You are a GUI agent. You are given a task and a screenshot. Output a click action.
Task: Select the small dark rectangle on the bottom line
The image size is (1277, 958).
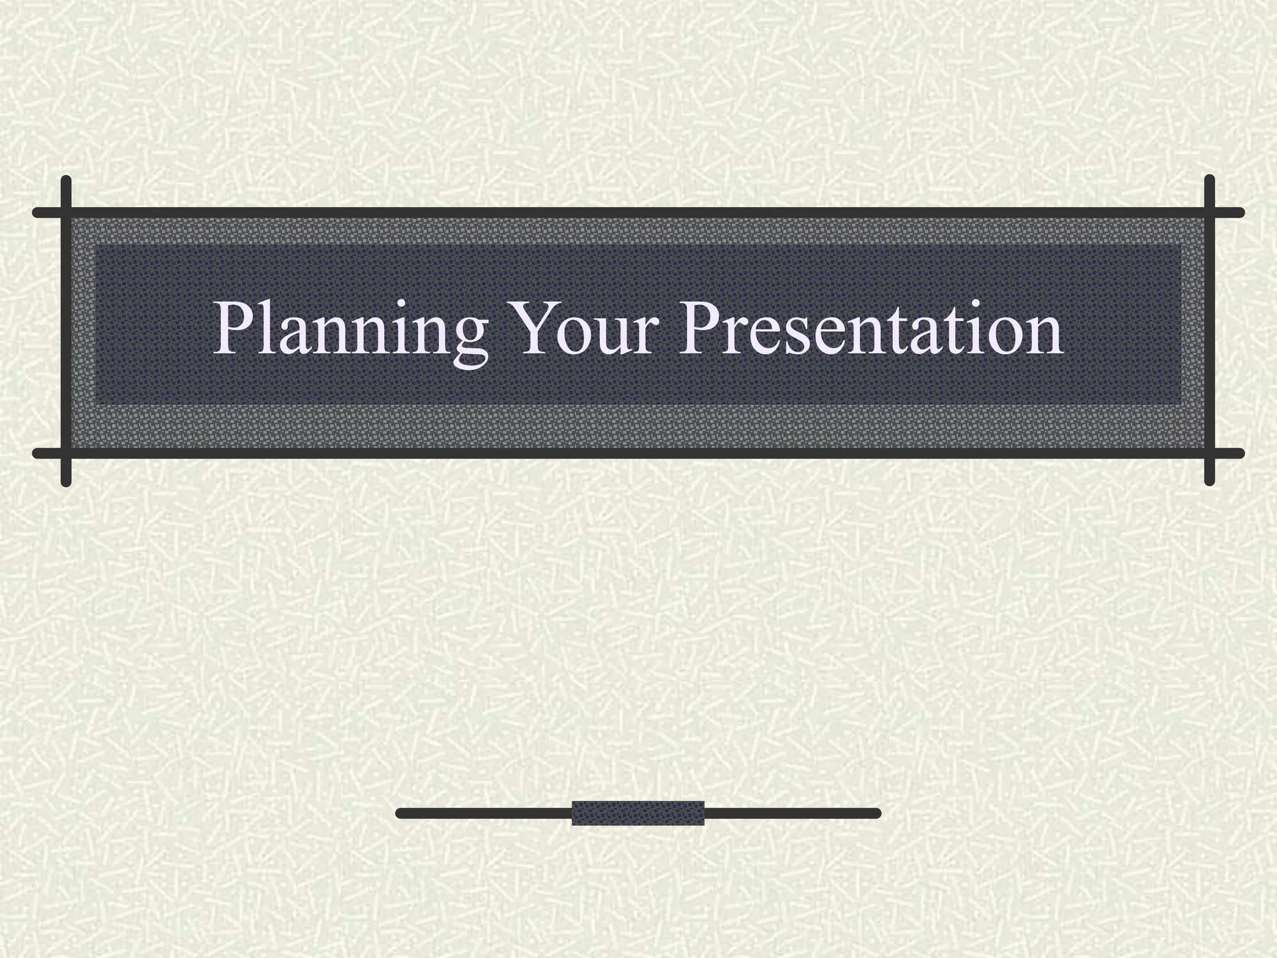(638, 813)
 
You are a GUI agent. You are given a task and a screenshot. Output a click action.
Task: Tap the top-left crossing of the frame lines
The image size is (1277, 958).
(66, 213)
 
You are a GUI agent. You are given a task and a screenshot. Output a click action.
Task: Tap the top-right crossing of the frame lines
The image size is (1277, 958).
(1210, 213)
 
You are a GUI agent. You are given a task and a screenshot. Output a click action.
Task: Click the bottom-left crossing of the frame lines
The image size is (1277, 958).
(66, 453)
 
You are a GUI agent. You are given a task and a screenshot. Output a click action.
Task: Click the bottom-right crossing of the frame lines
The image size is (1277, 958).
(1210, 453)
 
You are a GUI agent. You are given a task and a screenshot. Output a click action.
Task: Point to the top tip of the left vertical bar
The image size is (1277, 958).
(66, 180)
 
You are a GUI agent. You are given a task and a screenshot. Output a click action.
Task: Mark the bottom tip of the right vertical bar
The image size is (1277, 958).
(1210, 481)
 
